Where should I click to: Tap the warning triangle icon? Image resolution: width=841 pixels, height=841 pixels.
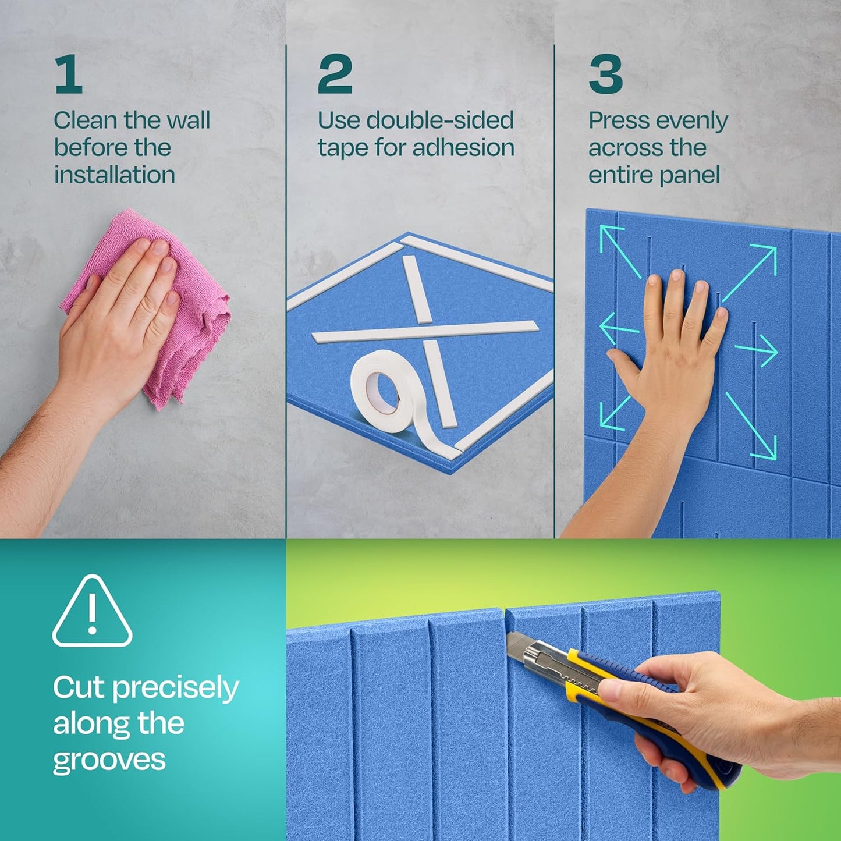[x=92, y=612]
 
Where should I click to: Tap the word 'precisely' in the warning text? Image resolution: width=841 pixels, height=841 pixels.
[x=175, y=689]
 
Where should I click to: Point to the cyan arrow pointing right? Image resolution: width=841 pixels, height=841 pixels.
[x=757, y=350]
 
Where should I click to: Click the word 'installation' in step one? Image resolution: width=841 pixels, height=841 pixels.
[x=115, y=175]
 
